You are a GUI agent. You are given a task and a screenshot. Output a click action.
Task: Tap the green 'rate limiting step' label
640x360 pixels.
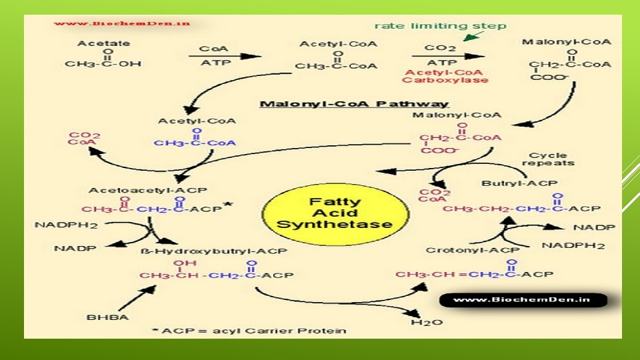point(439,26)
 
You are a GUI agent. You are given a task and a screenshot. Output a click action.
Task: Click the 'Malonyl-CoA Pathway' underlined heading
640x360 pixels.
point(354,104)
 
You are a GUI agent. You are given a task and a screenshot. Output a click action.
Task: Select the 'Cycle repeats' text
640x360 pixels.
point(548,159)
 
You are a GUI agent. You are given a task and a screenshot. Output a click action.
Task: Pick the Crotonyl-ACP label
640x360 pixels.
point(463,250)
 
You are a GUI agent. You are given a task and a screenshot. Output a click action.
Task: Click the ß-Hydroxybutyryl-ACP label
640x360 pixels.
point(214,251)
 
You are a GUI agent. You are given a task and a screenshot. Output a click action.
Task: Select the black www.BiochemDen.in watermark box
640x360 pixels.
point(523,300)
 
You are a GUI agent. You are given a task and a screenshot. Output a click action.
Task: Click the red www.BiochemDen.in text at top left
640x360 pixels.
point(122,23)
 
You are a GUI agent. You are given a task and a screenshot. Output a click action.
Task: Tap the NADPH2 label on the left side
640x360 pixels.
point(66,225)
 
